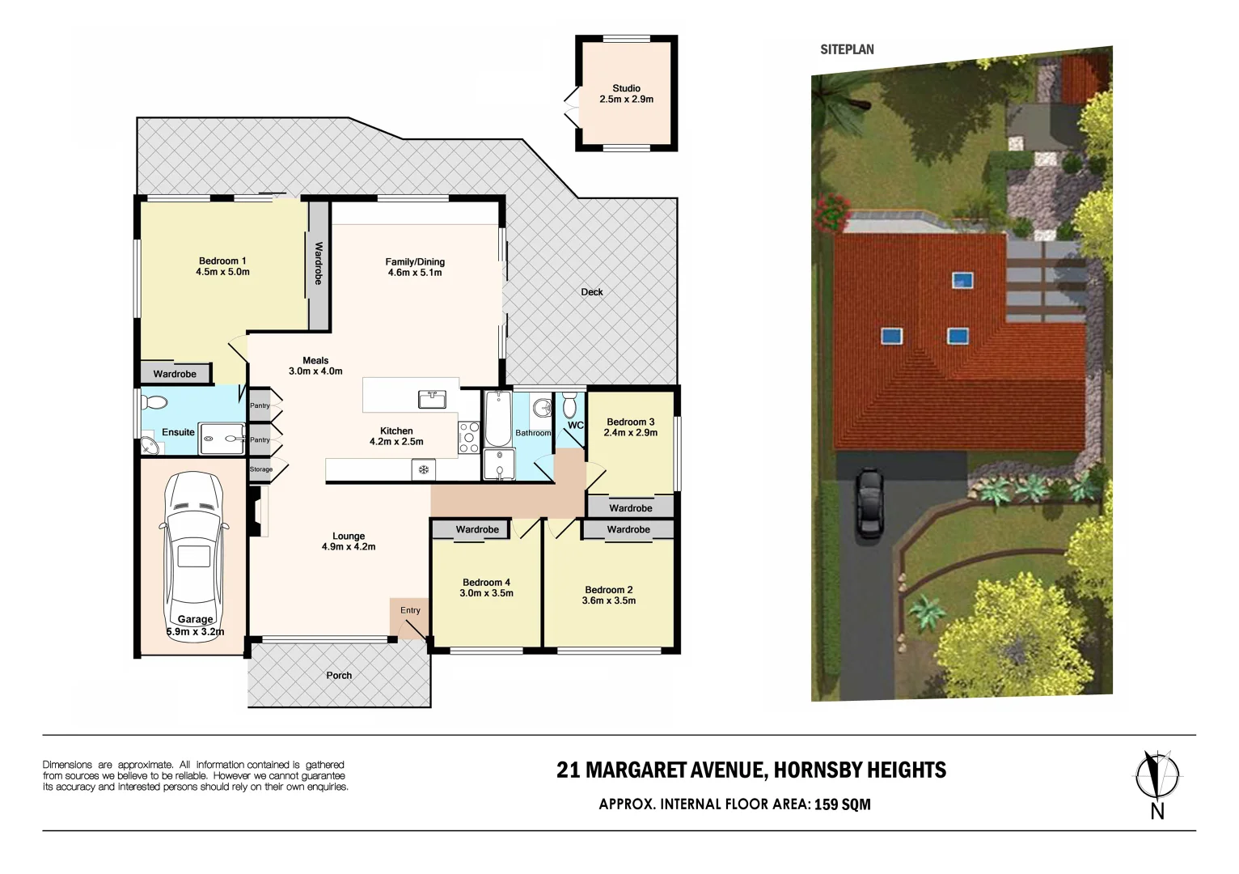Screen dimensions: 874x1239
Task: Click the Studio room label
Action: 626,88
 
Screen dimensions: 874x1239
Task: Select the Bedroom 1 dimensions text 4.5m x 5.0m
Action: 222,272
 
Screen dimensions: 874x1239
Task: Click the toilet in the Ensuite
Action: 154,402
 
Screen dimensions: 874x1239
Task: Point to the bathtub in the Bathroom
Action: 497,418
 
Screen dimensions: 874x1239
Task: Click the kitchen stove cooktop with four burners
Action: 469,437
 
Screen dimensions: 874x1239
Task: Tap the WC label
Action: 575,425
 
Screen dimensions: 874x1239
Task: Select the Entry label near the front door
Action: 410,610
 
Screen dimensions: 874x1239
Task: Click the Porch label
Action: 339,675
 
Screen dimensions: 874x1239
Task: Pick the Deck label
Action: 591,292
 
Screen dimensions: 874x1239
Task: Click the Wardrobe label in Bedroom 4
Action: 477,529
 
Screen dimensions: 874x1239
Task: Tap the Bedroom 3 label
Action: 630,422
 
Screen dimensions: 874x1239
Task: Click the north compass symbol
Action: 1157,775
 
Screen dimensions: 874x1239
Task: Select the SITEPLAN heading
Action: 847,49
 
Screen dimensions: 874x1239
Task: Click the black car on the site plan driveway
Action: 869,504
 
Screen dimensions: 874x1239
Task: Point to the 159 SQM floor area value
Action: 842,804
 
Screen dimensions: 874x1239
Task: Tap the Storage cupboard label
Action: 260,469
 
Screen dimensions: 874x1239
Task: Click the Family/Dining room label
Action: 415,261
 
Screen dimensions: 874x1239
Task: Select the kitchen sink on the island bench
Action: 431,398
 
